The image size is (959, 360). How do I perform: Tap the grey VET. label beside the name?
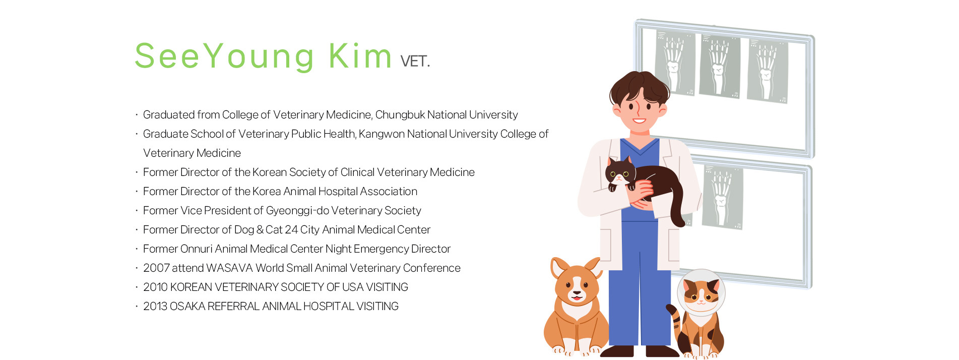click(415, 62)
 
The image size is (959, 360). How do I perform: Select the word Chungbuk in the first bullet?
click(400, 115)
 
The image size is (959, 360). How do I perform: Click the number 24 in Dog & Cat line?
click(291, 230)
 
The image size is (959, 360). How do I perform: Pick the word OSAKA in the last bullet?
click(187, 307)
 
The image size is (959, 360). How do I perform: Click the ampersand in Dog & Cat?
click(260, 230)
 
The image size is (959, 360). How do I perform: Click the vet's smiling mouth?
click(639, 121)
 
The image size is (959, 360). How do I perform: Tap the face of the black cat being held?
click(619, 174)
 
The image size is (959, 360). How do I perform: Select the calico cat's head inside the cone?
click(700, 293)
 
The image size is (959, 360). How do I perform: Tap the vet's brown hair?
click(638, 85)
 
